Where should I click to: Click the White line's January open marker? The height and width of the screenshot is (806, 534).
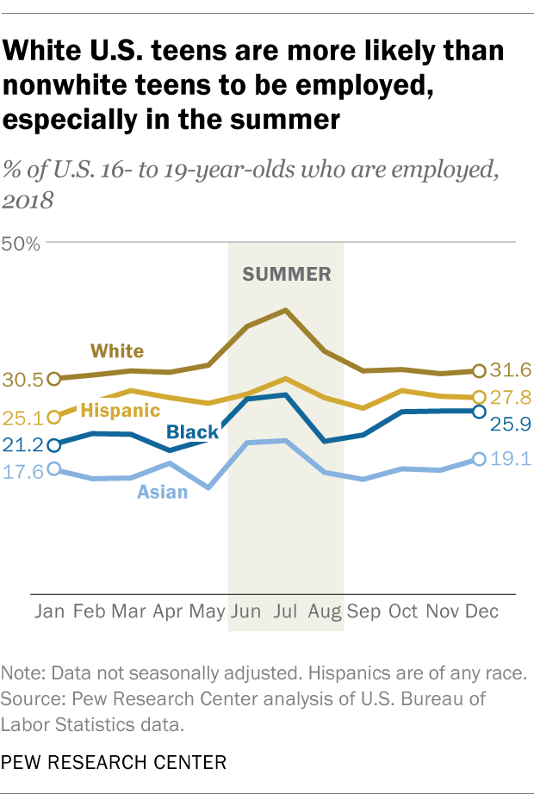click(x=55, y=378)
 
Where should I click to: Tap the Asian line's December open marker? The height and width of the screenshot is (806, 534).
click(x=478, y=460)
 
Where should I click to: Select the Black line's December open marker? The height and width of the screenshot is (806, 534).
click(x=478, y=411)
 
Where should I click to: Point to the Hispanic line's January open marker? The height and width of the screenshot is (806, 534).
click(x=55, y=417)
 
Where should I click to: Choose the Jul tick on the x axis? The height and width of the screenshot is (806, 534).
click(x=285, y=611)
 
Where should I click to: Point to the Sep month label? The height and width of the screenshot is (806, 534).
click(x=363, y=611)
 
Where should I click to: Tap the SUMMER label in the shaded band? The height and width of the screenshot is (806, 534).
click(x=287, y=275)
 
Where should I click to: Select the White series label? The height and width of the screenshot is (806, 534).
click(x=117, y=350)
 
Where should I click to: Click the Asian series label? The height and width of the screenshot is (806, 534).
click(x=163, y=493)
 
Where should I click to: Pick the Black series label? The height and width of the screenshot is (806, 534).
click(x=192, y=432)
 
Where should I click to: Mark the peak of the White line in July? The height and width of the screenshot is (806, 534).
click(x=285, y=309)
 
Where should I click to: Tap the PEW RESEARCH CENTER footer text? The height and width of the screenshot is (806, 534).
click(x=115, y=761)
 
